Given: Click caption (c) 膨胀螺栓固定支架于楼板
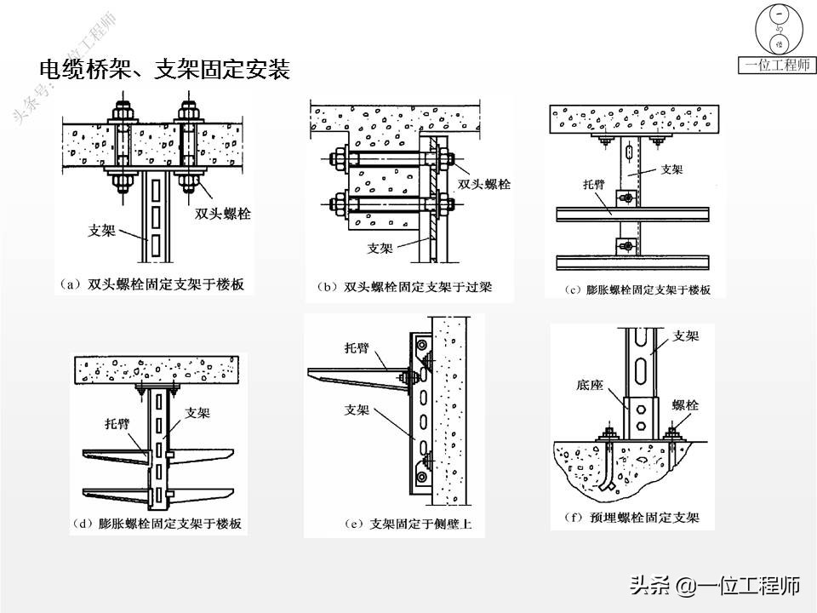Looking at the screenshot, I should pos(637,289).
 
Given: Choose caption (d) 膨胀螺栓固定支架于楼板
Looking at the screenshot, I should pos(158,523).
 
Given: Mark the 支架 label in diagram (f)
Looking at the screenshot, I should pos(685,335).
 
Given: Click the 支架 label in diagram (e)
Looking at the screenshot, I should pos(357,410).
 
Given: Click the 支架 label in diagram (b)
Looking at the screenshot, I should pos(380,249).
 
